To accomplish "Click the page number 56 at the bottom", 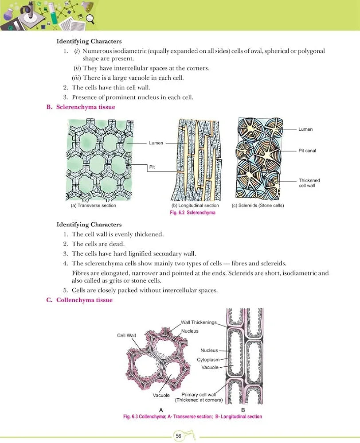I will pos(178,435).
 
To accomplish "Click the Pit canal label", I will pos(307,151).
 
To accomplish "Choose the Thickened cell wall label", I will pos(309,183).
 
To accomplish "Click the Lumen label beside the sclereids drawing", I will pos(305,129).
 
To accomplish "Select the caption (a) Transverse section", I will pos(93,206).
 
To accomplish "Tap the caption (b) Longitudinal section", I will pos(195,206).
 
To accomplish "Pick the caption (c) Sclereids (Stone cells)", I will pos(258,206).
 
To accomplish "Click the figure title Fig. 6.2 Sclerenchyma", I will pos(193,213).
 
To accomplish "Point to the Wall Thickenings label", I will pos(199,322).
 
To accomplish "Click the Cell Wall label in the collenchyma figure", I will pos(126,335).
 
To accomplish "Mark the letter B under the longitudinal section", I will pos(243,410).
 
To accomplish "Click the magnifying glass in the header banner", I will pos(91,19).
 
